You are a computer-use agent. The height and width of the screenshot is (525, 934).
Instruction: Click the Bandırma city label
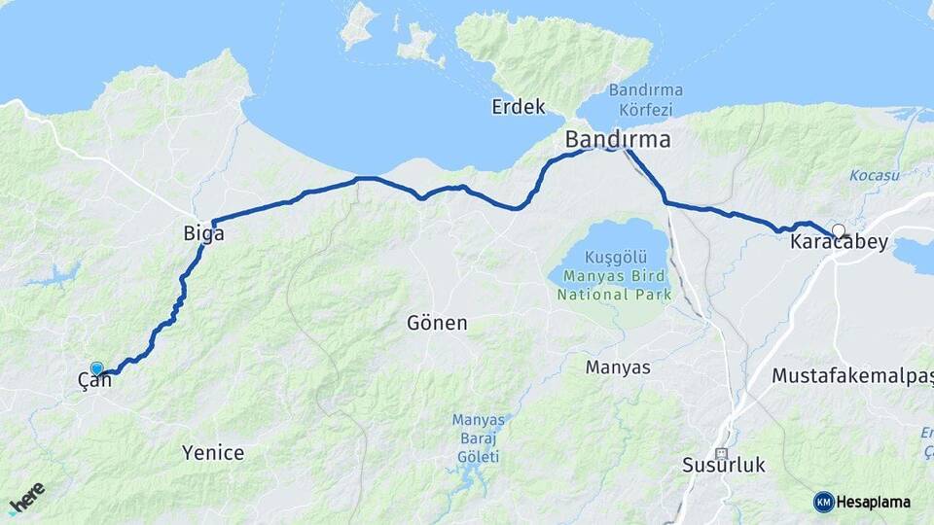tap(617, 140)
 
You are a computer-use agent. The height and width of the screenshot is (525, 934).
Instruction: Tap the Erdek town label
tap(518, 107)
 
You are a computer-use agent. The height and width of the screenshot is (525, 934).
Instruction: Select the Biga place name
tap(203, 233)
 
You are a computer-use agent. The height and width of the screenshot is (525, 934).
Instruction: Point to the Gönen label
tap(437, 323)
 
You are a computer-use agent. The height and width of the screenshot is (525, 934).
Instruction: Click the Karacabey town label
tap(839, 243)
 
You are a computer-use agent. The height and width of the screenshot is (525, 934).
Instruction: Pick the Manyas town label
tap(618, 367)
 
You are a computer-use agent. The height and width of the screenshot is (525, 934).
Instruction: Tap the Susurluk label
tap(723, 466)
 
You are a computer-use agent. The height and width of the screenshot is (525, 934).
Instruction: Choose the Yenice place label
tap(213, 452)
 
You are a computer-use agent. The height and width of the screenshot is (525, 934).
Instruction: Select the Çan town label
tap(94, 381)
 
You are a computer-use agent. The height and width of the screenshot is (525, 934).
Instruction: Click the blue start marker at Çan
tap(96, 367)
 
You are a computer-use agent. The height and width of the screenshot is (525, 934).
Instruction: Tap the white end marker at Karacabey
tap(838, 230)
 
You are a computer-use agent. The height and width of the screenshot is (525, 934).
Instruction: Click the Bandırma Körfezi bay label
tap(645, 100)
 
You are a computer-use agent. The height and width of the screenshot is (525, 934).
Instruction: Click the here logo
tap(26, 499)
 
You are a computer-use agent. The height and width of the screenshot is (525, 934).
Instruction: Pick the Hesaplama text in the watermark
tap(874, 502)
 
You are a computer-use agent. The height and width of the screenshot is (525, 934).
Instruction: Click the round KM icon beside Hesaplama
tap(823, 502)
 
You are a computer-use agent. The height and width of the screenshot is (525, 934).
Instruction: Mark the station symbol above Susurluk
tap(721, 453)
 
